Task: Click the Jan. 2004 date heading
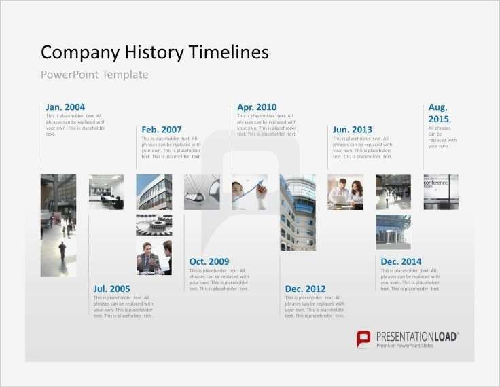(65, 107)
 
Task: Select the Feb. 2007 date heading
(162, 129)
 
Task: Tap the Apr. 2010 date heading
(257, 107)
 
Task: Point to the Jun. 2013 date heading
(353, 129)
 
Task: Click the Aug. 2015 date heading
(438, 113)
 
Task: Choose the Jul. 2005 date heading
(112, 289)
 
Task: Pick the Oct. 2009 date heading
(209, 261)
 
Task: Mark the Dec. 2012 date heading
(305, 289)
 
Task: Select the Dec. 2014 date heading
(401, 261)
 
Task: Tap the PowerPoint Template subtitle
(94, 75)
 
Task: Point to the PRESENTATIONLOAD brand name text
(417, 336)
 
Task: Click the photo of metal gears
(154, 224)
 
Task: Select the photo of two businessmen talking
(154, 257)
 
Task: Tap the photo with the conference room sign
(440, 191)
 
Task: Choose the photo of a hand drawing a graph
(249, 191)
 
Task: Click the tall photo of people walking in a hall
(58, 225)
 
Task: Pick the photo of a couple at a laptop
(345, 191)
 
